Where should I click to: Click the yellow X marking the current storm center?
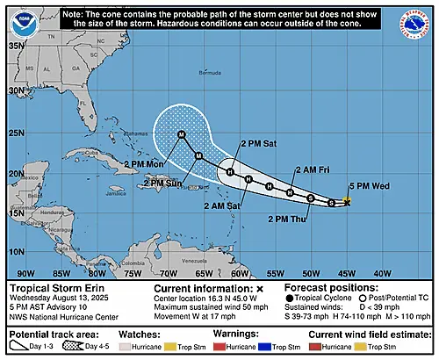pos(347,202)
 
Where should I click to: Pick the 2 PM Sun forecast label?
pos(165,184)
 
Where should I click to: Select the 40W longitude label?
pos(383,273)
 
